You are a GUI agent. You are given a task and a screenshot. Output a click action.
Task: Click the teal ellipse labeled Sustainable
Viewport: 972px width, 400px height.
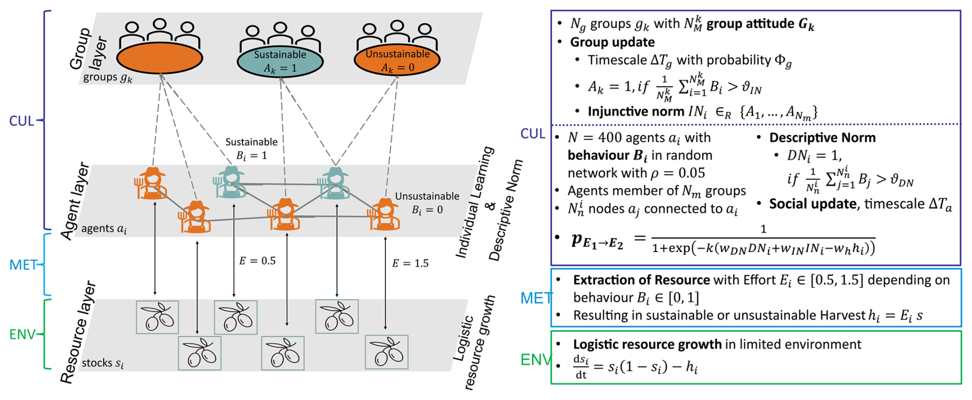[x=280, y=61]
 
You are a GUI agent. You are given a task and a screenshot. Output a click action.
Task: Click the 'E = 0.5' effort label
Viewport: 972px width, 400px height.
[x=257, y=261]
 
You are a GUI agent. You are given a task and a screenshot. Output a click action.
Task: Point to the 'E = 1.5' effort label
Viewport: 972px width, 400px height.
[x=410, y=263]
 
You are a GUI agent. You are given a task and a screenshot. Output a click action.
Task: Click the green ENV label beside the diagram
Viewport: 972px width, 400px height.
[x=23, y=335]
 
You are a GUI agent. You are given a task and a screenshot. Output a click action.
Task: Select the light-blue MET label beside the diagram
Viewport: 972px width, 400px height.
[x=24, y=265]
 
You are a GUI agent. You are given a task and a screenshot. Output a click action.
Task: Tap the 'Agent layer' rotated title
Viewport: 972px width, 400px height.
[x=75, y=201]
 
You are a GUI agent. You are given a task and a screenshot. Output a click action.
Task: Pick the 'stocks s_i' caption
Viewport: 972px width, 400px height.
[x=103, y=363]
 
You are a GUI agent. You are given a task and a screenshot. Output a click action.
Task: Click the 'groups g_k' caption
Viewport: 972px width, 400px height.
[x=108, y=78]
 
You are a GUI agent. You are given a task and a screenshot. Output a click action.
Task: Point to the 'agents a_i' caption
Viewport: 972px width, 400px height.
[x=104, y=229]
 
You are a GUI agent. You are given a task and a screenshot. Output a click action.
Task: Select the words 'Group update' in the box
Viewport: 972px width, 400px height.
[x=612, y=42]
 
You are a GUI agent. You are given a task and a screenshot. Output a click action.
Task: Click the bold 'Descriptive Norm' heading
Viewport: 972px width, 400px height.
[x=822, y=138]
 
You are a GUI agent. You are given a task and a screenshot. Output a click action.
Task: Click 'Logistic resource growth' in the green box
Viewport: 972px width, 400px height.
[x=647, y=344]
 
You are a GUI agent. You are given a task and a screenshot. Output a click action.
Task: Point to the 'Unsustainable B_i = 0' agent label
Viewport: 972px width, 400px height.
[x=427, y=203]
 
